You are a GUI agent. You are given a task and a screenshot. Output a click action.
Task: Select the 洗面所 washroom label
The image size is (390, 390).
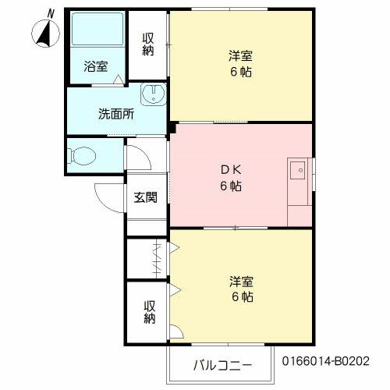pos(115,113)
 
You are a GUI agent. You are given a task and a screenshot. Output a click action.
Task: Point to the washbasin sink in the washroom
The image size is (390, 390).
pos(153,96)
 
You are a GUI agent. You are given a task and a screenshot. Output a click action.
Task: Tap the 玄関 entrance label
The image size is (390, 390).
pos(144,197)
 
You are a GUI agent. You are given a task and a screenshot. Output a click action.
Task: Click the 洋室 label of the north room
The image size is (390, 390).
pos(240,56)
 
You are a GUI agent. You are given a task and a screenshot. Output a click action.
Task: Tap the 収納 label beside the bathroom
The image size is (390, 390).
pos(148,44)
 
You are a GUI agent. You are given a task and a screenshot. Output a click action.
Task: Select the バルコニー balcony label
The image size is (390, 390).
pos(222,364)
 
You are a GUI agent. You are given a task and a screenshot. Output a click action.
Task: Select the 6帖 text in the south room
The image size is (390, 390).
pos(240,296)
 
